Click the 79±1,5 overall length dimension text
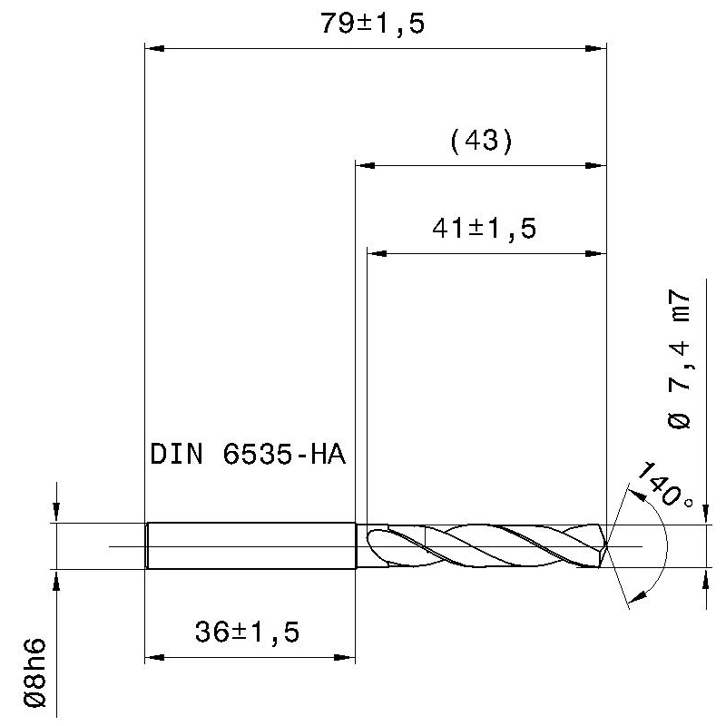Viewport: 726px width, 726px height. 373,24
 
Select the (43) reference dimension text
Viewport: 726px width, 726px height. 482,141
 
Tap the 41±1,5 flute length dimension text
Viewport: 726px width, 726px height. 485,229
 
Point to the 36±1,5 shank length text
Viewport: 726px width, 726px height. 247,632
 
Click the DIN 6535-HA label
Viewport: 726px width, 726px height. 248,454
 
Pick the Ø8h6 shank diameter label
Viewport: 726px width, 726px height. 35,672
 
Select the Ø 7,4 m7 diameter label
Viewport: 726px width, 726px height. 679,359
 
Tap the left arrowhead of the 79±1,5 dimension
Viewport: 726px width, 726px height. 154,48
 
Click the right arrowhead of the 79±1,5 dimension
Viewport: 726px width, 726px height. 596,48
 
